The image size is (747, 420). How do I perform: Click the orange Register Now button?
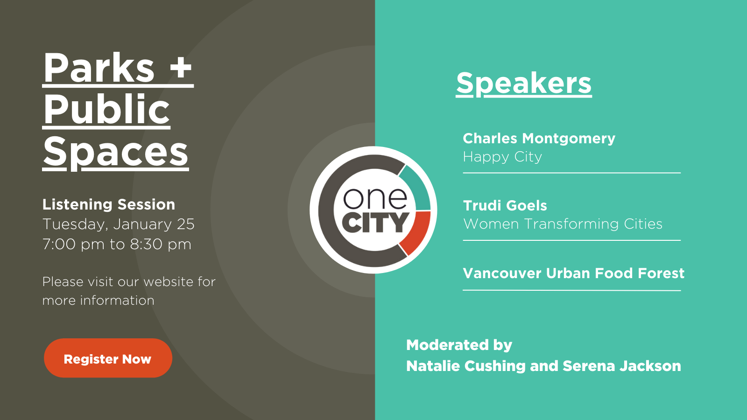pos(108,358)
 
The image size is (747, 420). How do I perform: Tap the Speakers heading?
pos(524,84)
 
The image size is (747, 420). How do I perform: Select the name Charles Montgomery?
pos(539,139)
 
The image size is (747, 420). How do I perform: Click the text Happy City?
pos(502,157)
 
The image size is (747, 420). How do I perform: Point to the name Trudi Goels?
pos(505,206)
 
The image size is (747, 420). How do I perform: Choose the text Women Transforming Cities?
pos(563,224)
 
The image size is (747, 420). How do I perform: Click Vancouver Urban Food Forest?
pos(574,273)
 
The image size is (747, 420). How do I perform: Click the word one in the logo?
pos(375,199)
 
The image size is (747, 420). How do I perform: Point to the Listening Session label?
pos(109,205)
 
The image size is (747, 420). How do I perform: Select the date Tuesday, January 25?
pos(119,224)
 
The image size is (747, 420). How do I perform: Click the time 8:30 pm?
pos(161,245)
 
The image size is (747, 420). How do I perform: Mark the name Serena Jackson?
pos(621,366)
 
